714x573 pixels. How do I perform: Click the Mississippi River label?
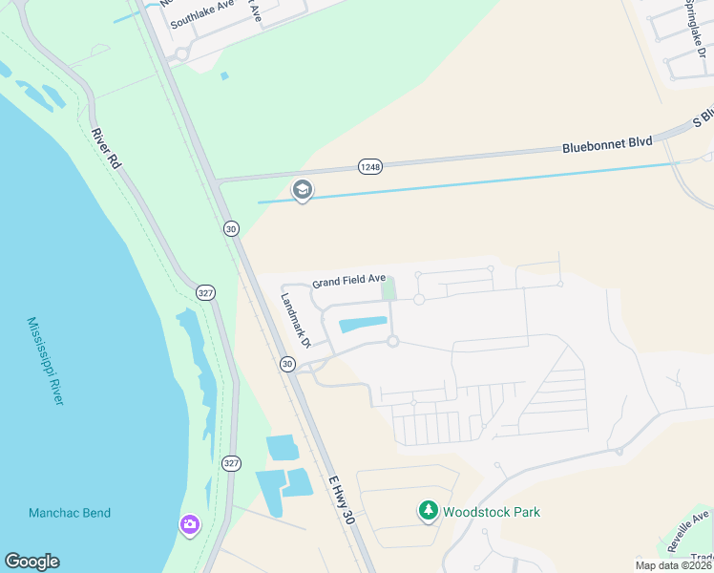(x=45, y=361)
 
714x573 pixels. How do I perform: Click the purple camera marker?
(x=189, y=523)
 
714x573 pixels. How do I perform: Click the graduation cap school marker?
(x=303, y=191)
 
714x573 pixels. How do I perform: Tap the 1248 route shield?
(x=370, y=167)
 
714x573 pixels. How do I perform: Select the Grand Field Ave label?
(x=348, y=281)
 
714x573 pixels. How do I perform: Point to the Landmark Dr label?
(x=295, y=318)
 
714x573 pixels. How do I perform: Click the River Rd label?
(x=106, y=149)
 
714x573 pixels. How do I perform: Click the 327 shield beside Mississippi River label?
(x=204, y=291)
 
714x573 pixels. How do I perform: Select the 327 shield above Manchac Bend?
(x=231, y=463)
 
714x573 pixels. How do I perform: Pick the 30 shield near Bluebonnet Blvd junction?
(x=231, y=228)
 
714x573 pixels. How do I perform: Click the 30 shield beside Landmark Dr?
(x=287, y=364)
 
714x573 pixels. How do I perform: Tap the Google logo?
(x=31, y=562)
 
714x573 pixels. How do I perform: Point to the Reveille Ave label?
(x=687, y=531)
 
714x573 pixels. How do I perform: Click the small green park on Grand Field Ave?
(x=388, y=287)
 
